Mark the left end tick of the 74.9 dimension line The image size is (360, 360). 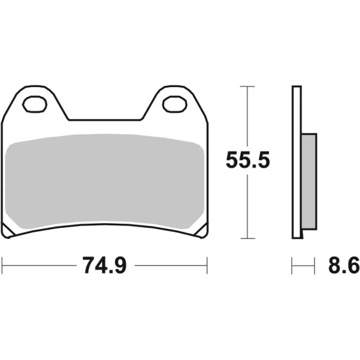3,266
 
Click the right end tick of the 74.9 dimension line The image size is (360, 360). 207,266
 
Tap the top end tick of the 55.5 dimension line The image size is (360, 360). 246,86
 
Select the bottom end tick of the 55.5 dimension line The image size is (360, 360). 246,238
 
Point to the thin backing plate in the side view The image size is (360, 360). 296,164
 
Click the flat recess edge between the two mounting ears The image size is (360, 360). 105,120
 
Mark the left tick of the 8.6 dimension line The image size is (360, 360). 293,266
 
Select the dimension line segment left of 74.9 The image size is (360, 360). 39,266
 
